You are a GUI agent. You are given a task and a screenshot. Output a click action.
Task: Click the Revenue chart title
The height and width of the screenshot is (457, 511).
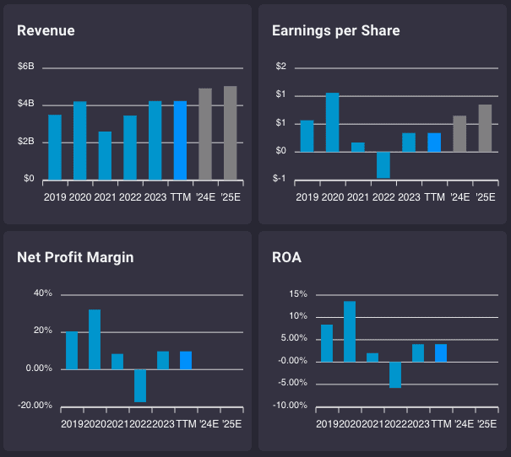[46, 31]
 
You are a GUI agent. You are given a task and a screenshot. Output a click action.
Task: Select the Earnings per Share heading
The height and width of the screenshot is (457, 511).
[335, 31]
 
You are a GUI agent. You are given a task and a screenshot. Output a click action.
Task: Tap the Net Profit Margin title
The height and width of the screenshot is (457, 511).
[75, 257]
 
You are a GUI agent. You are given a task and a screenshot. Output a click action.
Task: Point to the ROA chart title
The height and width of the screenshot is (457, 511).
[287, 257]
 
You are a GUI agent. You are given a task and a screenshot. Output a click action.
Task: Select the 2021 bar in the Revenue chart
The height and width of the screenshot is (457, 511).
[105, 156]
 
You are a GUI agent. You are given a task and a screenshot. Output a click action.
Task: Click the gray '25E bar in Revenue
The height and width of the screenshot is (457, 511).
[230, 133]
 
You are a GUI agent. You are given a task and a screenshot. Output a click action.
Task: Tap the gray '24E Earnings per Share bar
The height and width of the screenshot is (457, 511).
[459, 134]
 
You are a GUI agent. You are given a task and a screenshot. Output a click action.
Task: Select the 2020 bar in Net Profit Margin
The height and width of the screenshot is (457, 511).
[95, 339]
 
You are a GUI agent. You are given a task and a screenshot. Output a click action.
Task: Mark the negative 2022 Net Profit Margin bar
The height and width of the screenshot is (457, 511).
[140, 385]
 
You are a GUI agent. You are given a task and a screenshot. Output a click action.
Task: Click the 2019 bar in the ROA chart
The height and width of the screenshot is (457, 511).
[327, 343]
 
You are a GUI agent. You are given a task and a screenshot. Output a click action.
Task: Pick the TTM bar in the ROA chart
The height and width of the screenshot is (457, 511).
[441, 352]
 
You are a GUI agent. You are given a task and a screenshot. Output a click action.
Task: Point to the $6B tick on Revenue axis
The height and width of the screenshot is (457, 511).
[26, 67]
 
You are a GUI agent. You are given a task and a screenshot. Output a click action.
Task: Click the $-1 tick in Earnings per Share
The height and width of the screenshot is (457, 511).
[280, 180]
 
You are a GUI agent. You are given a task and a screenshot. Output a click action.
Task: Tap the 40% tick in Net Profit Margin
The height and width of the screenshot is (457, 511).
[42, 293]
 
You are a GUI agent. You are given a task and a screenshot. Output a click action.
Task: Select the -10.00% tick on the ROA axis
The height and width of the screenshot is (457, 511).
[291, 406]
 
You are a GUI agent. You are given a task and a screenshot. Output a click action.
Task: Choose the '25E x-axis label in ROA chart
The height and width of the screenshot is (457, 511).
[486, 423]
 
